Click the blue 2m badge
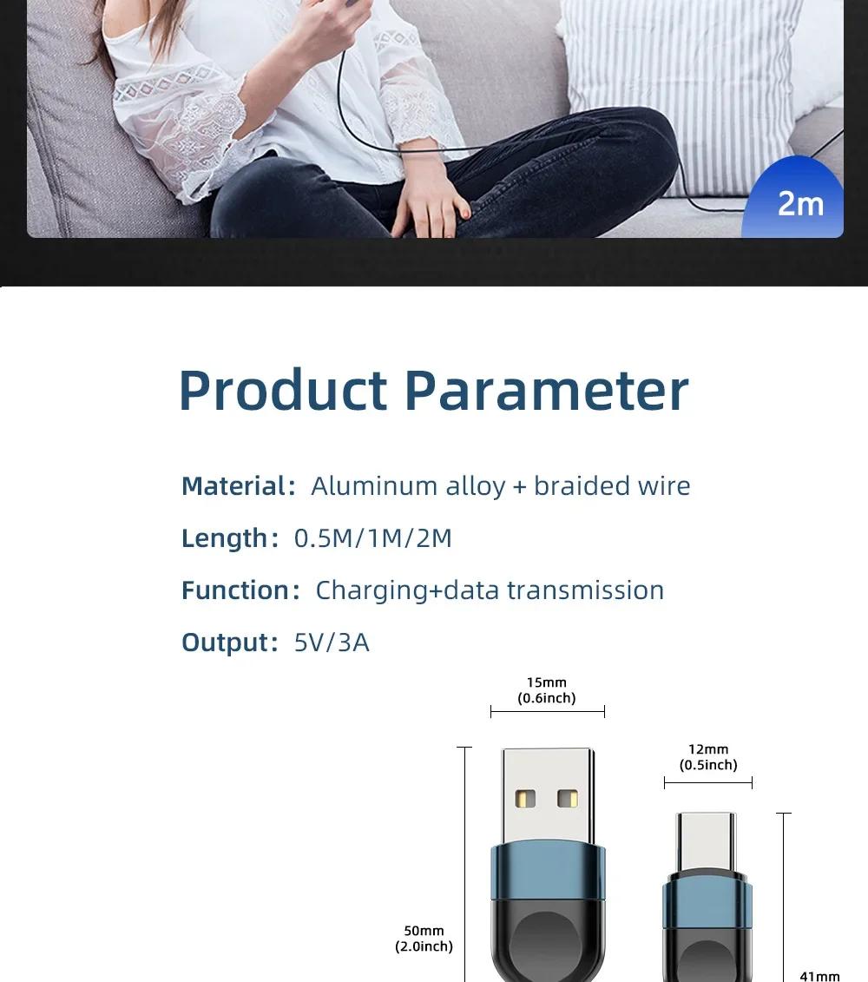coord(794,199)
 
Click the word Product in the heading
coord(283,390)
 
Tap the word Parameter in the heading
coord(547,390)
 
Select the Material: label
coord(239,486)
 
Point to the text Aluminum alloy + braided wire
coord(500,486)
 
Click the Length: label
coord(230,538)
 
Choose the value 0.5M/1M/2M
coord(373,538)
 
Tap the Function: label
coord(240,590)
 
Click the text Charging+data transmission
coord(490,590)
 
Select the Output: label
coord(230,643)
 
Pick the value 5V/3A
coord(332,643)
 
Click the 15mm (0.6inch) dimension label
coord(547,690)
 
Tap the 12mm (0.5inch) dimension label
coord(708,756)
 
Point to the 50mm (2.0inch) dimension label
coord(424,939)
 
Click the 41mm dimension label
coord(819,976)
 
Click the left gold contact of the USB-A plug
coord(525,799)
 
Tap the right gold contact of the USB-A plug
coord(568,799)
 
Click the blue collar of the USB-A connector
coord(548,873)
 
